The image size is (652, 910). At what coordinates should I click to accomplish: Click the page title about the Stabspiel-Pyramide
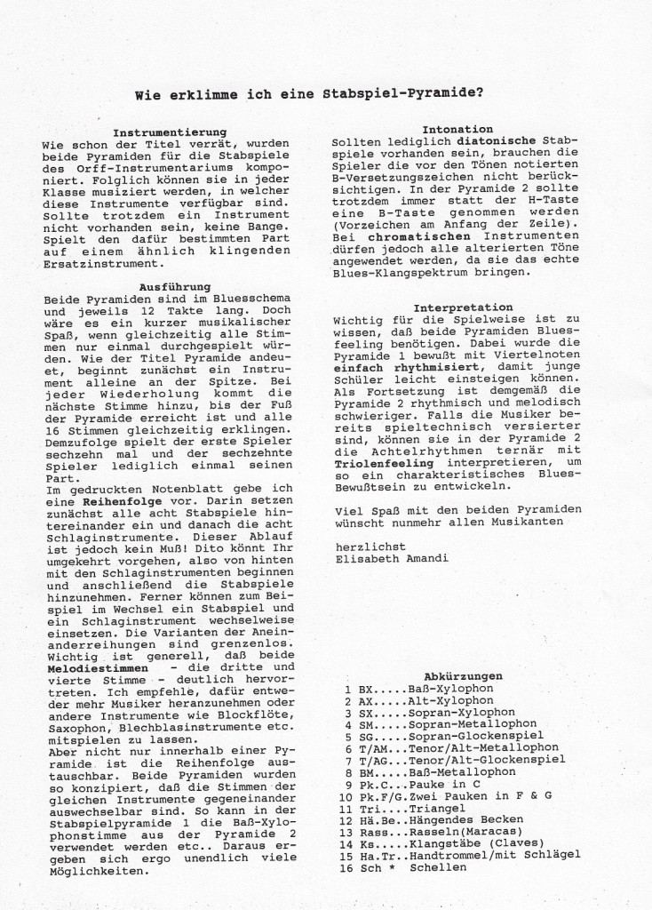point(327,92)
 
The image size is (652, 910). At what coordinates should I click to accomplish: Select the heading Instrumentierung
point(170,132)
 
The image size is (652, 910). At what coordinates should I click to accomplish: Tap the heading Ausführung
point(174,287)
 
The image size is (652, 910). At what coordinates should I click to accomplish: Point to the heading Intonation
point(457,129)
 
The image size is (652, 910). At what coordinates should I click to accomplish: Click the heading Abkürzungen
point(463,675)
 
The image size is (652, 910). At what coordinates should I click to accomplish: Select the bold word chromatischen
point(394,237)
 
